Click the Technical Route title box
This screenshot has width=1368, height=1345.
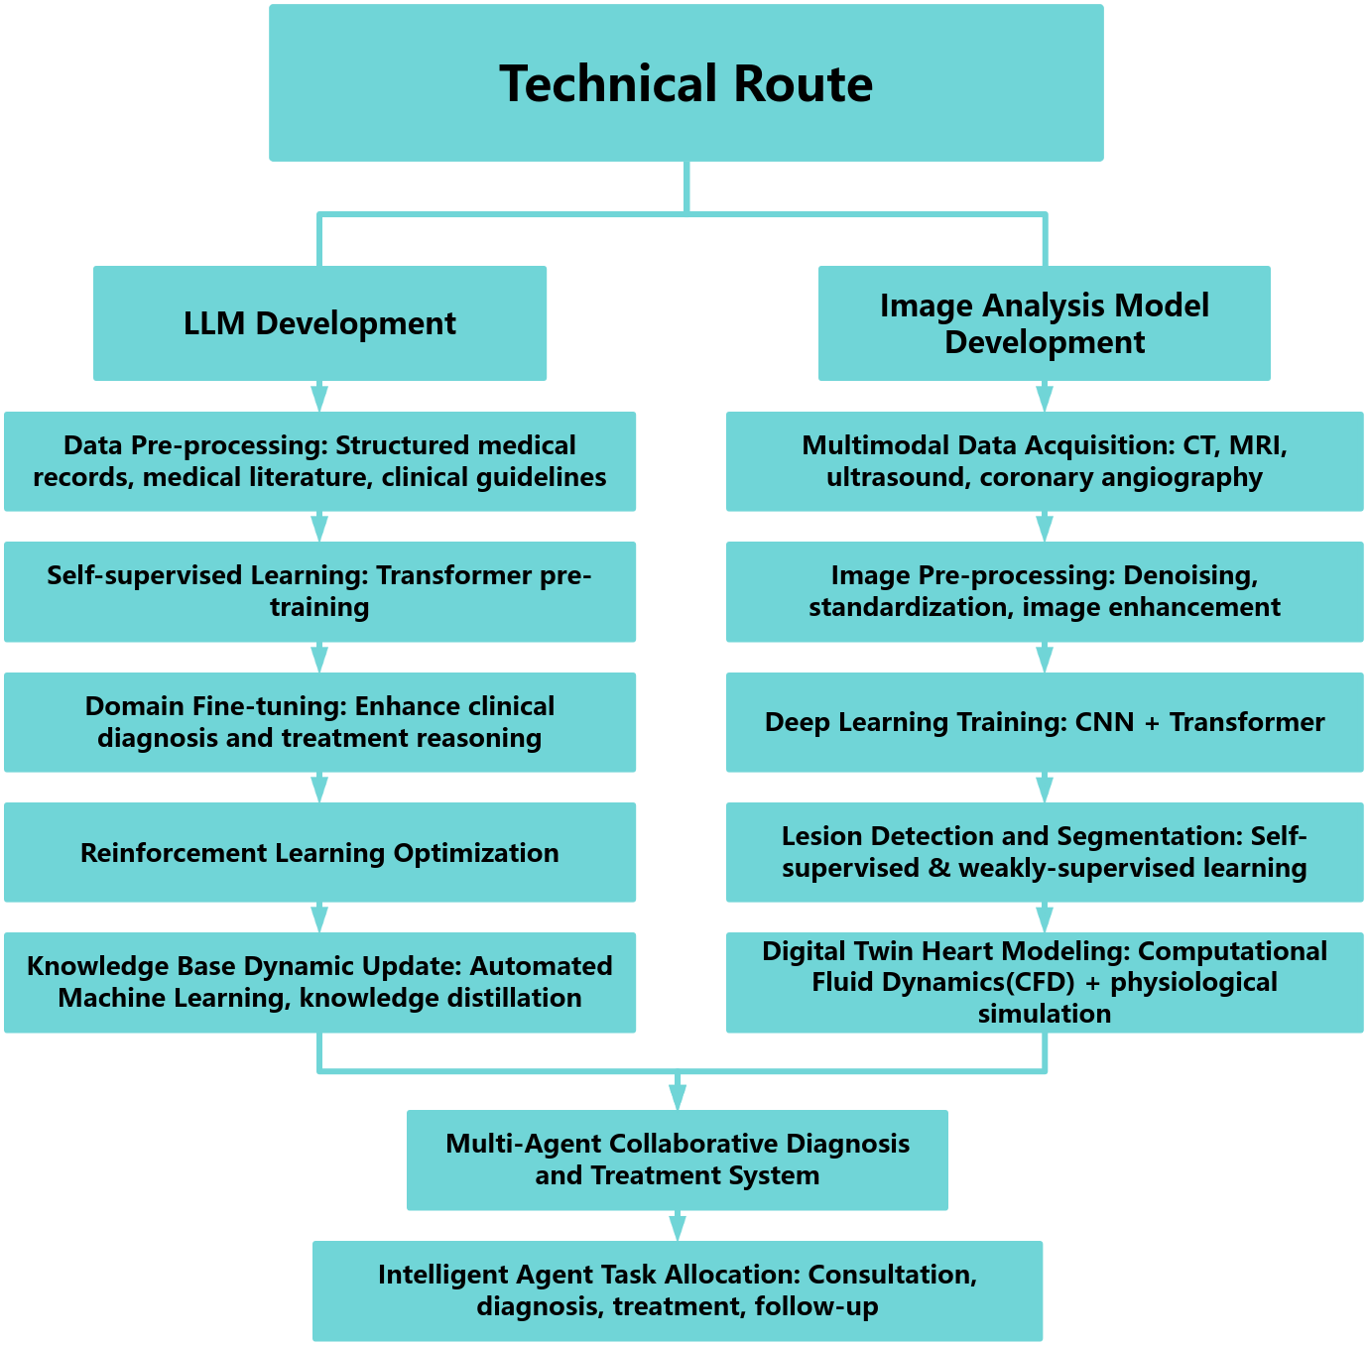click(685, 83)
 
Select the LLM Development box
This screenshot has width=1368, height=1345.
click(319, 323)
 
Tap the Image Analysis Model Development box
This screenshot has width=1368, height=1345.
click(1044, 323)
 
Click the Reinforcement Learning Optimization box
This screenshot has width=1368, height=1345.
click(319, 852)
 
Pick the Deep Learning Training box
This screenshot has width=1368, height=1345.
click(1045, 722)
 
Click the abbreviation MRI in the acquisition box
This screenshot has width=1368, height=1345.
click(1258, 445)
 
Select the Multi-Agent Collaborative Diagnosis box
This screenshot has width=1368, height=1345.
click(678, 1160)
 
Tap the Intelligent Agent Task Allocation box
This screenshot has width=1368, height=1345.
click(678, 1290)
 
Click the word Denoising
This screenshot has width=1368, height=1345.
click(1190, 575)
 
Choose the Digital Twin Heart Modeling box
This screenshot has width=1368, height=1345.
click(1045, 982)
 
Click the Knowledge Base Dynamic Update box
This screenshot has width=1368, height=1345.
click(319, 982)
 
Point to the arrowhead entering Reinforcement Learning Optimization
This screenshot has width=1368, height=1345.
click(319, 791)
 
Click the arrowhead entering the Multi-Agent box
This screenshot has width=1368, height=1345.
click(678, 1098)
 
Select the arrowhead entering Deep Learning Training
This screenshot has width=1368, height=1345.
click(1045, 661)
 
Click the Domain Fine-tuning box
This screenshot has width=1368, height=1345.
click(319, 722)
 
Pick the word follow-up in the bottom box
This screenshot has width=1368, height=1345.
click(816, 1306)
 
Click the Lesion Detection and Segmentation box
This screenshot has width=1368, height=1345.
click(1045, 852)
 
